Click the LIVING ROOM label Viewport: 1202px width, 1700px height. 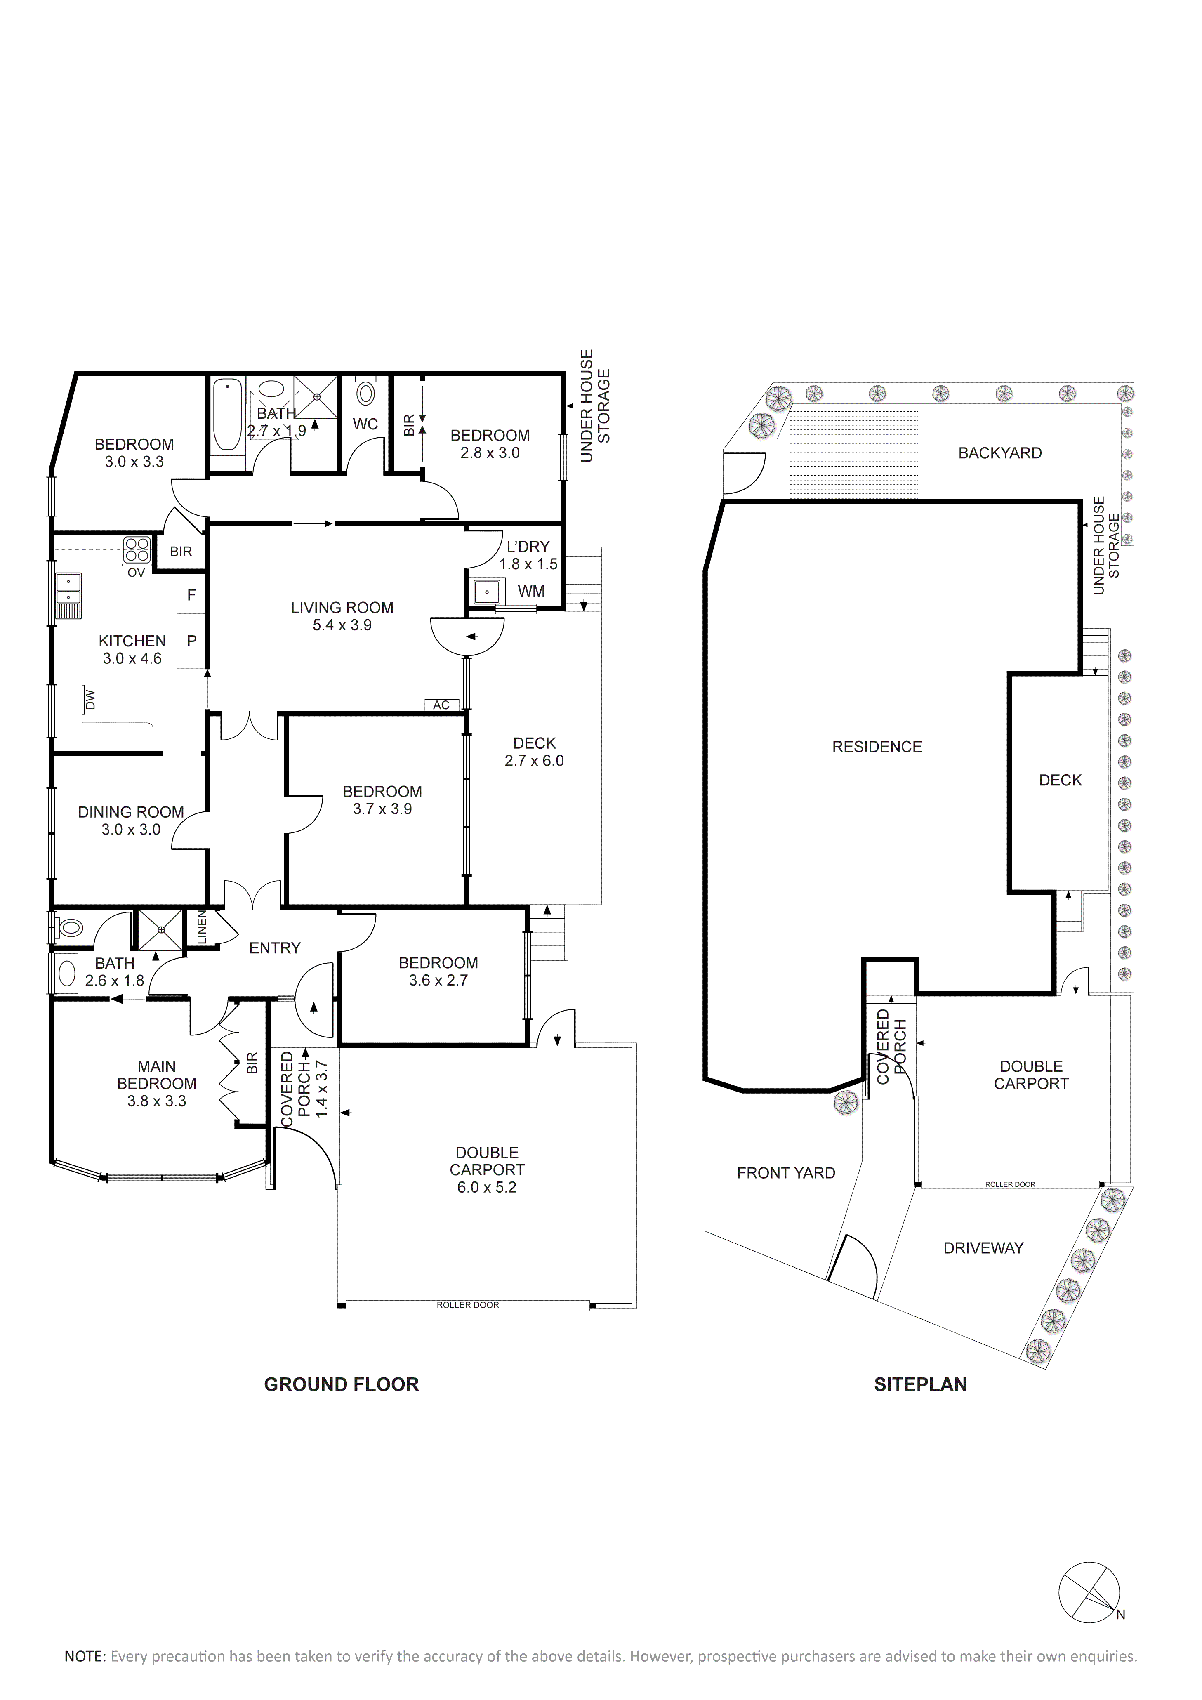[x=342, y=608]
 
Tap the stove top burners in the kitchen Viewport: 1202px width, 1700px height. [x=138, y=549]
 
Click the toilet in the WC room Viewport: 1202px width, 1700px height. [x=365, y=389]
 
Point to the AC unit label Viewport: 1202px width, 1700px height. [x=441, y=705]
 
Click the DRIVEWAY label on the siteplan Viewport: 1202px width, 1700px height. [x=984, y=1247]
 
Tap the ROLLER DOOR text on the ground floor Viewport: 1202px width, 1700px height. [x=468, y=1305]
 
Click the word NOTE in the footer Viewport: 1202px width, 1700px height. [x=85, y=1656]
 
